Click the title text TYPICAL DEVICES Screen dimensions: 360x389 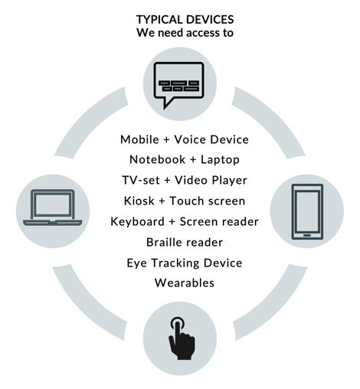[x=185, y=20]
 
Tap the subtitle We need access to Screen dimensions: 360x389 [x=185, y=33]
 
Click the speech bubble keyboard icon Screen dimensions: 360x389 [x=178, y=85]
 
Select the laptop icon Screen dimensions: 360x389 [x=52, y=208]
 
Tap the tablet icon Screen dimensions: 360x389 [x=307, y=211]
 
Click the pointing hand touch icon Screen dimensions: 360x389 [x=182, y=338]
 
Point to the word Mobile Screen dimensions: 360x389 [x=139, y=139]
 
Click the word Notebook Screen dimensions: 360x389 [x=157, y=159]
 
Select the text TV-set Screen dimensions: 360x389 [x=141, y=180]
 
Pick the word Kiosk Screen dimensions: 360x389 [x=139, y=201]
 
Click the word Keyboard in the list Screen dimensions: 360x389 [x=137, y=221]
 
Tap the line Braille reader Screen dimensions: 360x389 [x=185, y=242]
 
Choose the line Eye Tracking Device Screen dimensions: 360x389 [x=185, y=263]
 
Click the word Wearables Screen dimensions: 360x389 [x=185, y=283]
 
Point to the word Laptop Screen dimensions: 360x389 [x=220, y=160]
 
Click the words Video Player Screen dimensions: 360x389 [x=211, y=181]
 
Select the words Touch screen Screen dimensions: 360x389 [x=208, y=201]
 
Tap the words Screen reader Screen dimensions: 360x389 [x=219, y=221]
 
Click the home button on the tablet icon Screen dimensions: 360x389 [x=307, y=235]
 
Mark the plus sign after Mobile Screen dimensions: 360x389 [x=166, y=140]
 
